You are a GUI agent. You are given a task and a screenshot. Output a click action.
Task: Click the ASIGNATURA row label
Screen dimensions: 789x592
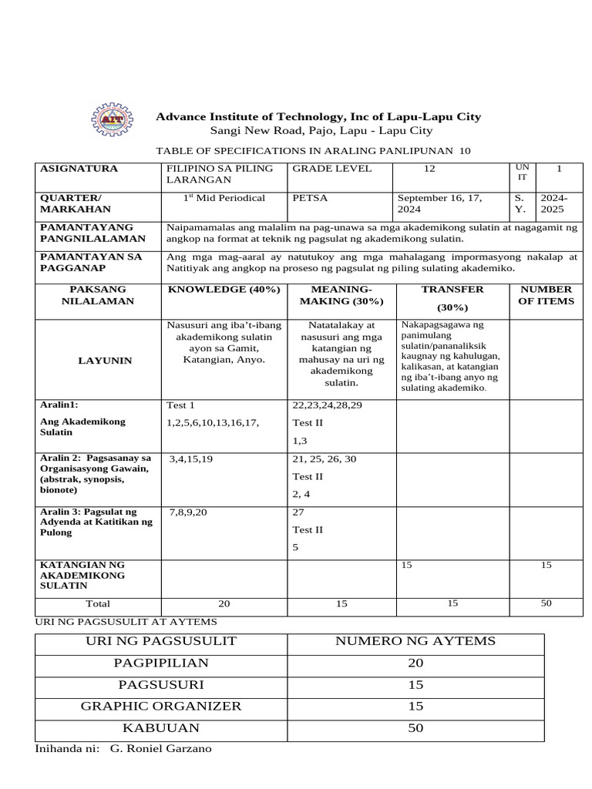click(x=79, y=169)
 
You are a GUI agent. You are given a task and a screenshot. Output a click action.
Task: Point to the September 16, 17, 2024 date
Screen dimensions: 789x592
click(x=439, y=203)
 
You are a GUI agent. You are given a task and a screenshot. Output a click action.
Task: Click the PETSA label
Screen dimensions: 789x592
click(x=310, y=198)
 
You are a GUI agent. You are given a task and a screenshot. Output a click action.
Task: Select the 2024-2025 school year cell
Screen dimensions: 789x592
click(x=553, y=203)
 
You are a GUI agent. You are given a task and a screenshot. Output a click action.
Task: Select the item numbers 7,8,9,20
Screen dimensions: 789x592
click(x=188, y=512)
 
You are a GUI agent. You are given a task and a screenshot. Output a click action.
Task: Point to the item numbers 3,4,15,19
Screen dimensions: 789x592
click(x=191, y=459)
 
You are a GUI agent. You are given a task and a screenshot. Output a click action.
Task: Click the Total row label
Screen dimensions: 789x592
click(x=98, y=604)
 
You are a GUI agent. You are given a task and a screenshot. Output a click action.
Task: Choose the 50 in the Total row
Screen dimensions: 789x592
click(x=546, y=603)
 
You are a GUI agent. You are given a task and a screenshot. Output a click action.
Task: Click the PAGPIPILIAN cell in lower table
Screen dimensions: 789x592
click(x=161, y=663)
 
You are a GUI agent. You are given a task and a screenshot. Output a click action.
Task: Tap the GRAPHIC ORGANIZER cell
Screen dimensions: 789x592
click(x=161, y=706)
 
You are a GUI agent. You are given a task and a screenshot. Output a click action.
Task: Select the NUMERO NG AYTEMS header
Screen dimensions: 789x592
click(x=415, y=641)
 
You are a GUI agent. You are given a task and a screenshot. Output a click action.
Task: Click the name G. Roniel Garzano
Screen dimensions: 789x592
click(x=161, y=749)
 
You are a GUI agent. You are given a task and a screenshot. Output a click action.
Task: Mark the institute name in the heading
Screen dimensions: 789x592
click(x=318, y=117)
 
